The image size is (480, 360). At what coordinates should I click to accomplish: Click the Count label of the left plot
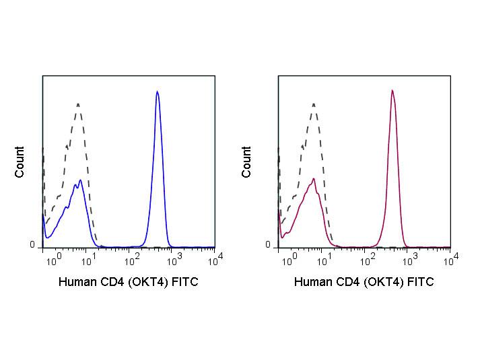point(20,161)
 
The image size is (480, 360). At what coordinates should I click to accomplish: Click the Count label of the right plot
point(246,161)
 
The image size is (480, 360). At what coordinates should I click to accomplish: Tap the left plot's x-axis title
point(128,282)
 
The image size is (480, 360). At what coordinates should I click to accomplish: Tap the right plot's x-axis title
point(364,282)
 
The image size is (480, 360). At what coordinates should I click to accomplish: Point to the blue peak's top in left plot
point(157,92)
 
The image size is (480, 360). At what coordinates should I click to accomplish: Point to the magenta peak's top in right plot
point(392,90)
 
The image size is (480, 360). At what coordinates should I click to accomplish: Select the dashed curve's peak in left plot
point(78,104)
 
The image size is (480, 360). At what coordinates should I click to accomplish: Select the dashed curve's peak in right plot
point(314,104)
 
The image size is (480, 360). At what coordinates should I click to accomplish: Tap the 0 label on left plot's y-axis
point(32,245)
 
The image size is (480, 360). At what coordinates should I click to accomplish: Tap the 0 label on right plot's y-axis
point(267,245)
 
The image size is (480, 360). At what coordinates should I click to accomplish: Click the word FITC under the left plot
point(185,282)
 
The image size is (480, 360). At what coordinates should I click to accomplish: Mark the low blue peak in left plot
point(81,180)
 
